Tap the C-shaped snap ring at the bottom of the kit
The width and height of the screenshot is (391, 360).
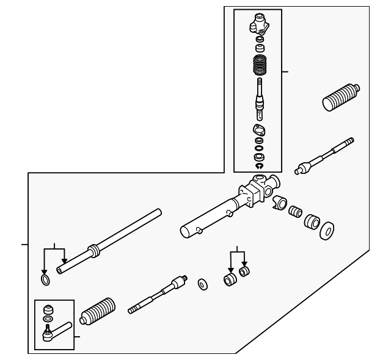(x=258, y=165)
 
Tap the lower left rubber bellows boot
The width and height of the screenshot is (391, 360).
(x=99, y=312)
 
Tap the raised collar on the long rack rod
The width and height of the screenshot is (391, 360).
(x=93, y=250)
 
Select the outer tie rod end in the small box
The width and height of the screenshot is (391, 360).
(x=53, y=331)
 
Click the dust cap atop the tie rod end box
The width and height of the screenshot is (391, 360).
(x=46, y=308)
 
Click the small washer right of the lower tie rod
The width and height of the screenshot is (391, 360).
(x=201, y=284)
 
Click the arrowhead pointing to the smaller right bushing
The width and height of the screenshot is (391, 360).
(x=244, y=264)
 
